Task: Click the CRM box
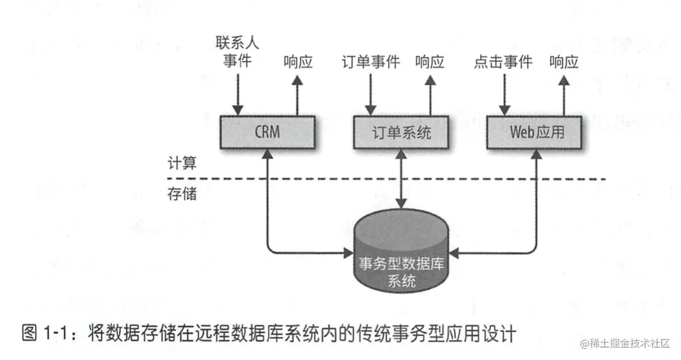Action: pyautogui.click(x=267, y=132)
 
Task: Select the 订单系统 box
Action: pyautogui.click(x=402, y=132)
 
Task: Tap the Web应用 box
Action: pyautogui.click(x=536, y=132)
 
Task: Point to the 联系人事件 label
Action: pyautogui.click(x=237, y=52)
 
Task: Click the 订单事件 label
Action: pyautogui.click(x=370, y=62)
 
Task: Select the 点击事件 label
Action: pyautogui.click(x=503, y=62)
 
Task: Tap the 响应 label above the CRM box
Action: pyautogui.click(x=298, y=62)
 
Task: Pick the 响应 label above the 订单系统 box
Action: pyautogui.click(x=430, y=62)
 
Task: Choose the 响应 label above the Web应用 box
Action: pyautogui.click(x=564, y=62)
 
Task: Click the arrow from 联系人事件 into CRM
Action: pyautogui.click(x=238, y=93)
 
